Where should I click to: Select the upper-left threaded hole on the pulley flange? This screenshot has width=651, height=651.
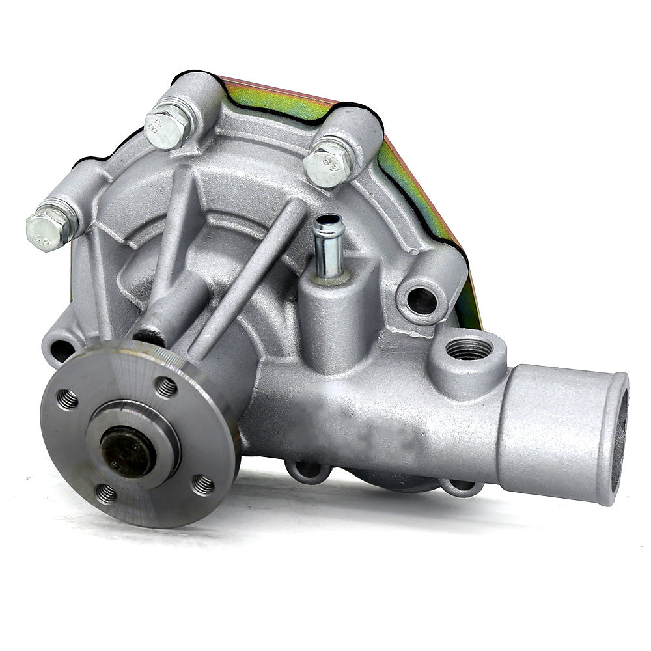pos(67,399)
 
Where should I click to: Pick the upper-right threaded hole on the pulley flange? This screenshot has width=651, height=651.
pos(166,387)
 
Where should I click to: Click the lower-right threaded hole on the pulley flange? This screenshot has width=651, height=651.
pos(202,484)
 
